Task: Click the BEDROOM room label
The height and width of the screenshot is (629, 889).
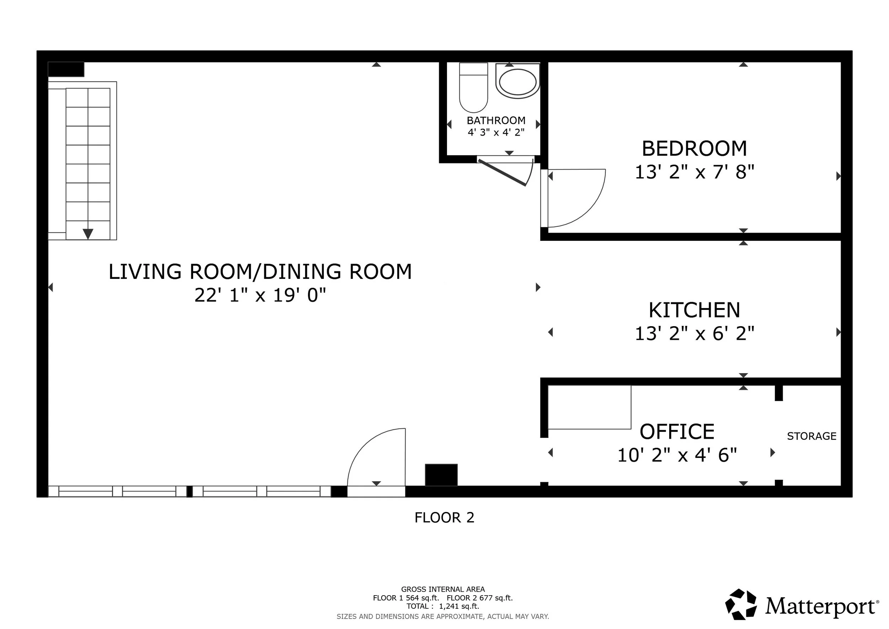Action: click(x=694, y=148)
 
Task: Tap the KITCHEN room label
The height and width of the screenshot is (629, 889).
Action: click(x=694, y=310)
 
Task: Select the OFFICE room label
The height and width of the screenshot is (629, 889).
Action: click(x=677, y=432)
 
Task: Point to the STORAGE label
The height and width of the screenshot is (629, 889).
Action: click(x=811, y=436)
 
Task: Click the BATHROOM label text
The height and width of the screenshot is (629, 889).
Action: click(x=496, y=121)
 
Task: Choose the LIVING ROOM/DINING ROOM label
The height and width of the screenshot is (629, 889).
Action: click(x=260, y=271)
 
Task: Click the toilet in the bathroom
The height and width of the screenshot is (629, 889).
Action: click(x=473, y=88)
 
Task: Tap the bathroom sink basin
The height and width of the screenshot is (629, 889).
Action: click(x=518, y=82)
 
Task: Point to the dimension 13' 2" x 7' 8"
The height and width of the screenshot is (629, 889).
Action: click(x=694, y=172)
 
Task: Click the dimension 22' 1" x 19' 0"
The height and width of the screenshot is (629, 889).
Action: click(x=260, y=295)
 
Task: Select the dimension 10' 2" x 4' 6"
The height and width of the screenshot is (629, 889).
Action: click(x=677, y=455)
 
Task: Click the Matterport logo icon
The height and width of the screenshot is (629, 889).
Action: click(x=741, y=604)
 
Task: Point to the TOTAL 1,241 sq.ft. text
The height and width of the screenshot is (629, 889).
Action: click(x=443, y=606)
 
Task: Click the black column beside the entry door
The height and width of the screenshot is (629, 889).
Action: click(x=441, y=475)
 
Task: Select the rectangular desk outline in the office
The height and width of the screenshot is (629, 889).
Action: click(x=590, y=407)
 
